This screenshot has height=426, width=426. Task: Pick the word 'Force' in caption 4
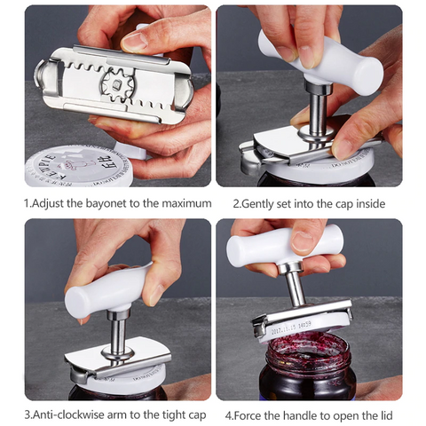[256, 414]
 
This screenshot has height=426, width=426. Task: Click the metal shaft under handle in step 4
[293, 284]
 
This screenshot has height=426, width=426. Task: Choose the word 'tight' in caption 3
[164, 414]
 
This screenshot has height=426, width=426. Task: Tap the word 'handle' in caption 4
[308, 414]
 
